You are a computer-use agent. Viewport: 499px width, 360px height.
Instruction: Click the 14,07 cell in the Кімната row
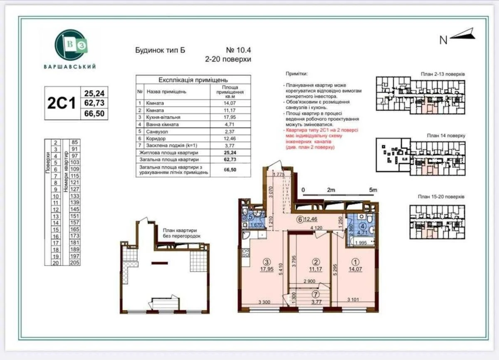click(232, 103)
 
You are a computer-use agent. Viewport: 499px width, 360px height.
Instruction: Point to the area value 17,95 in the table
click(232, 117)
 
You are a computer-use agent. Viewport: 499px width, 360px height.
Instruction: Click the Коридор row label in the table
click(155, 138)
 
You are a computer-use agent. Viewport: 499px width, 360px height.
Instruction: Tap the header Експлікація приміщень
click(193, 80)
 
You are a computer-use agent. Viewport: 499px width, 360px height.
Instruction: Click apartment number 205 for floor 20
click(75, 263)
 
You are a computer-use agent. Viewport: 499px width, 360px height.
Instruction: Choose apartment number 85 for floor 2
click(75, 142)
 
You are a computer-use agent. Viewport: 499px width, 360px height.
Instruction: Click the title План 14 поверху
click(445, 136)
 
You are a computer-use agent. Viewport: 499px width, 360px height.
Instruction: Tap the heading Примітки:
click(296, 74)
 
